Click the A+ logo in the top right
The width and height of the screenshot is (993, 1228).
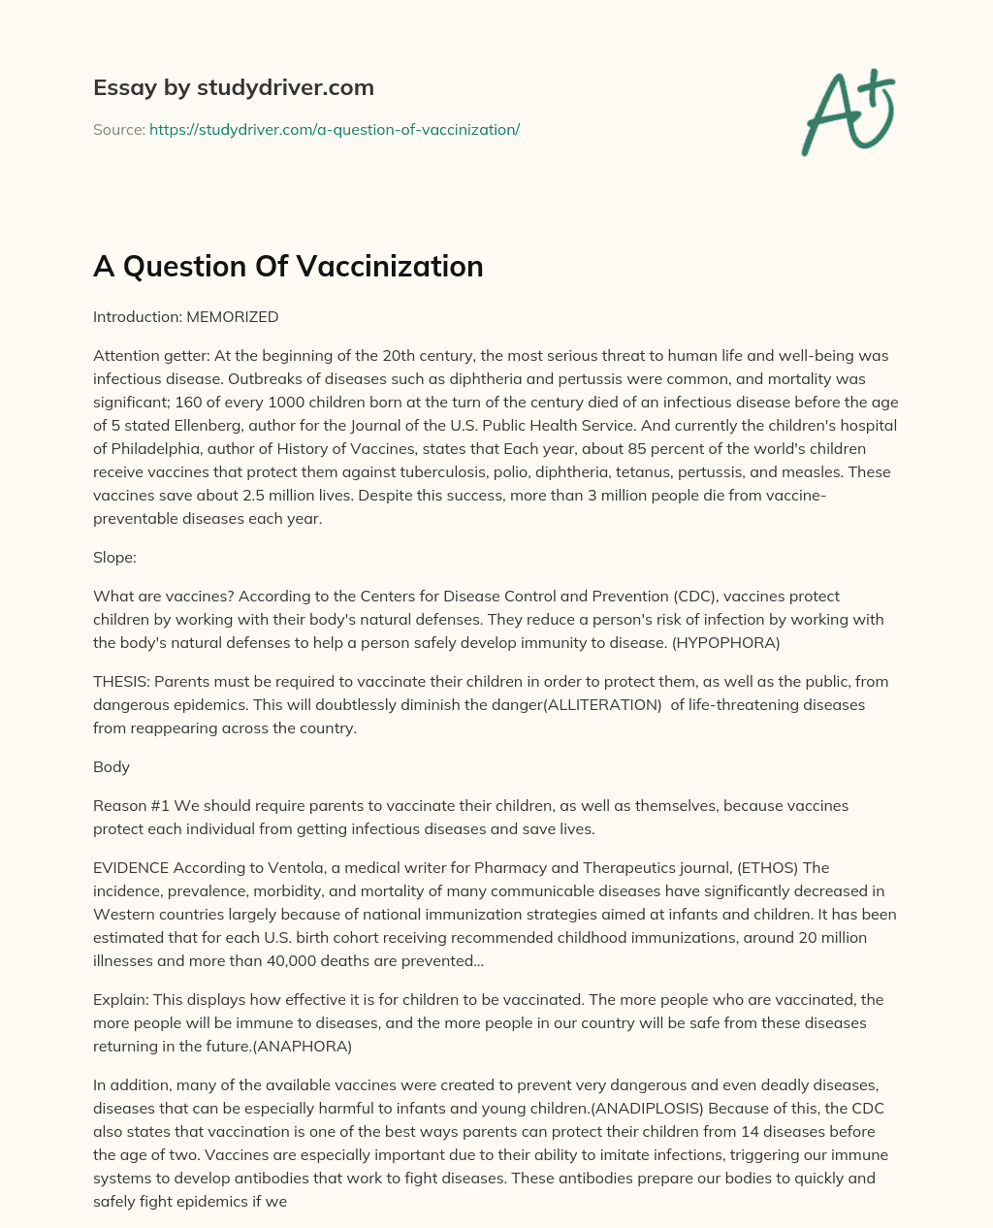click(849, 113)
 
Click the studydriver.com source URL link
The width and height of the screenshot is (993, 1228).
click(335, 129)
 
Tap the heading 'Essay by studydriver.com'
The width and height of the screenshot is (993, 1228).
click(233, 87)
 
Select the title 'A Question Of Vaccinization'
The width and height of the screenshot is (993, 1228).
click(288, 266)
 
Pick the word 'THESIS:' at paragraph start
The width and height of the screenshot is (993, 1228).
click(120, 681)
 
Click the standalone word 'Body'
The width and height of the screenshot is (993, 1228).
click(112, 766)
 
